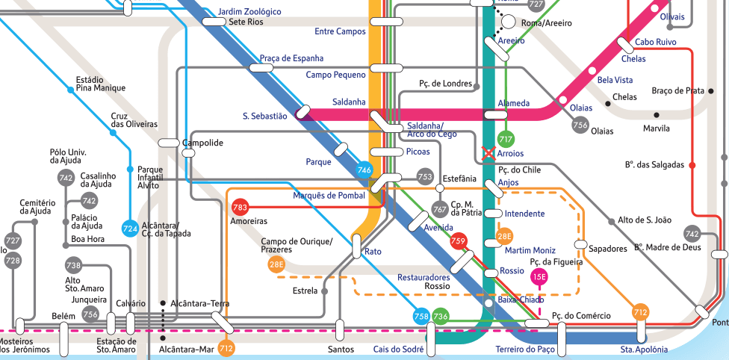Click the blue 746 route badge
pyautogui.click(x=364, y=170)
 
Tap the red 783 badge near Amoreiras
pyautogui.click(x=240, y=207)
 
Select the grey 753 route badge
pyautogui.click(x=425, y=177)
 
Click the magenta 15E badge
pyautogui.click(x=539, y=277)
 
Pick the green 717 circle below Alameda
pyautogui.click(x=506, y=139)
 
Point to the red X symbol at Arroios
pyautogui.click(x=489, y=153)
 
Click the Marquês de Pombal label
pyautogui.click(x=329, y=196)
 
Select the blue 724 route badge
pyautogui.click(x=130, y=228)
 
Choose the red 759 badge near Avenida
pyautogui.click(x=459, y=240)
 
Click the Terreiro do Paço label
pyautogui.click(x=525, y=350)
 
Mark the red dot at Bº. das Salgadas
pyautogui.click(x=692, y=164)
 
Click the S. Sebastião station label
pyautogui.click(x=264, y=116)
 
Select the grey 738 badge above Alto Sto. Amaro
pyautogui.click(x=73, y=265)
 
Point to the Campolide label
pyautogui.click(x=202, y=143)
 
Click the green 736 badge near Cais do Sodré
pyautogui.click(x=441, y=317)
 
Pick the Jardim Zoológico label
pyautogui.click(x=249, y=12)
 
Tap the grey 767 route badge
pyautogui.click(x=440, y=209)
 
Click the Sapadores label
pyautogui.click(x=608, y=248)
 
